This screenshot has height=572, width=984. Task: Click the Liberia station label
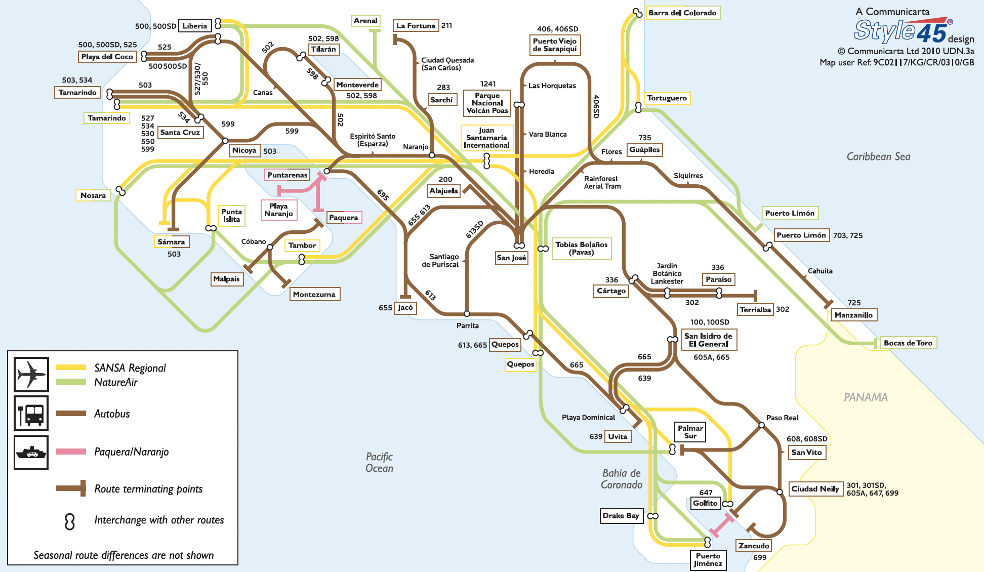[x=195, y=26]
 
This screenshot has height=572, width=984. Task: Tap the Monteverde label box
[x=357, y=85]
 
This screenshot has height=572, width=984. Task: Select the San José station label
[x=511, y=258]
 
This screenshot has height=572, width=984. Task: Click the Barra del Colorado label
[x=682, y=13]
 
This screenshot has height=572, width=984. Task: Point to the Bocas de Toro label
[x=908, y=343]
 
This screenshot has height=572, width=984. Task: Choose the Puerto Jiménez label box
[x=708, y=559]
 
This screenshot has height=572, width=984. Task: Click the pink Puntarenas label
[x=287, y=175]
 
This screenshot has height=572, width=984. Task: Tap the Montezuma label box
[x=314, y=294]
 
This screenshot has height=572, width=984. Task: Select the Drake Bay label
[x=621, y=515]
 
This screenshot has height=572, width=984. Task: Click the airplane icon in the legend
[x=31, y=375]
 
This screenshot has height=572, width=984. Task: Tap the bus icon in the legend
[x=31, y=413]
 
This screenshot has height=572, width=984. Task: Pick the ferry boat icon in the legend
[x=31, y=452]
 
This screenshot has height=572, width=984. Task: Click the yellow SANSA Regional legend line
[x=71, y=367]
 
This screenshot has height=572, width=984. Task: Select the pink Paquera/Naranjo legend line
[x=71, y=452]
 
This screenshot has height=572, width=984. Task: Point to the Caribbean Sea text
[x=878, y=156]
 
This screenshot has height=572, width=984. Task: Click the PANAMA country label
[x=866, y=397]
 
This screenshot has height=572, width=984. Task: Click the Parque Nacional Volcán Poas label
[x=487, y=103]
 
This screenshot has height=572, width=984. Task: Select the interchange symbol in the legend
[x=70, y=521]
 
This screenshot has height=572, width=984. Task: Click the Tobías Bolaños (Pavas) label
[x=581, y=248]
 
